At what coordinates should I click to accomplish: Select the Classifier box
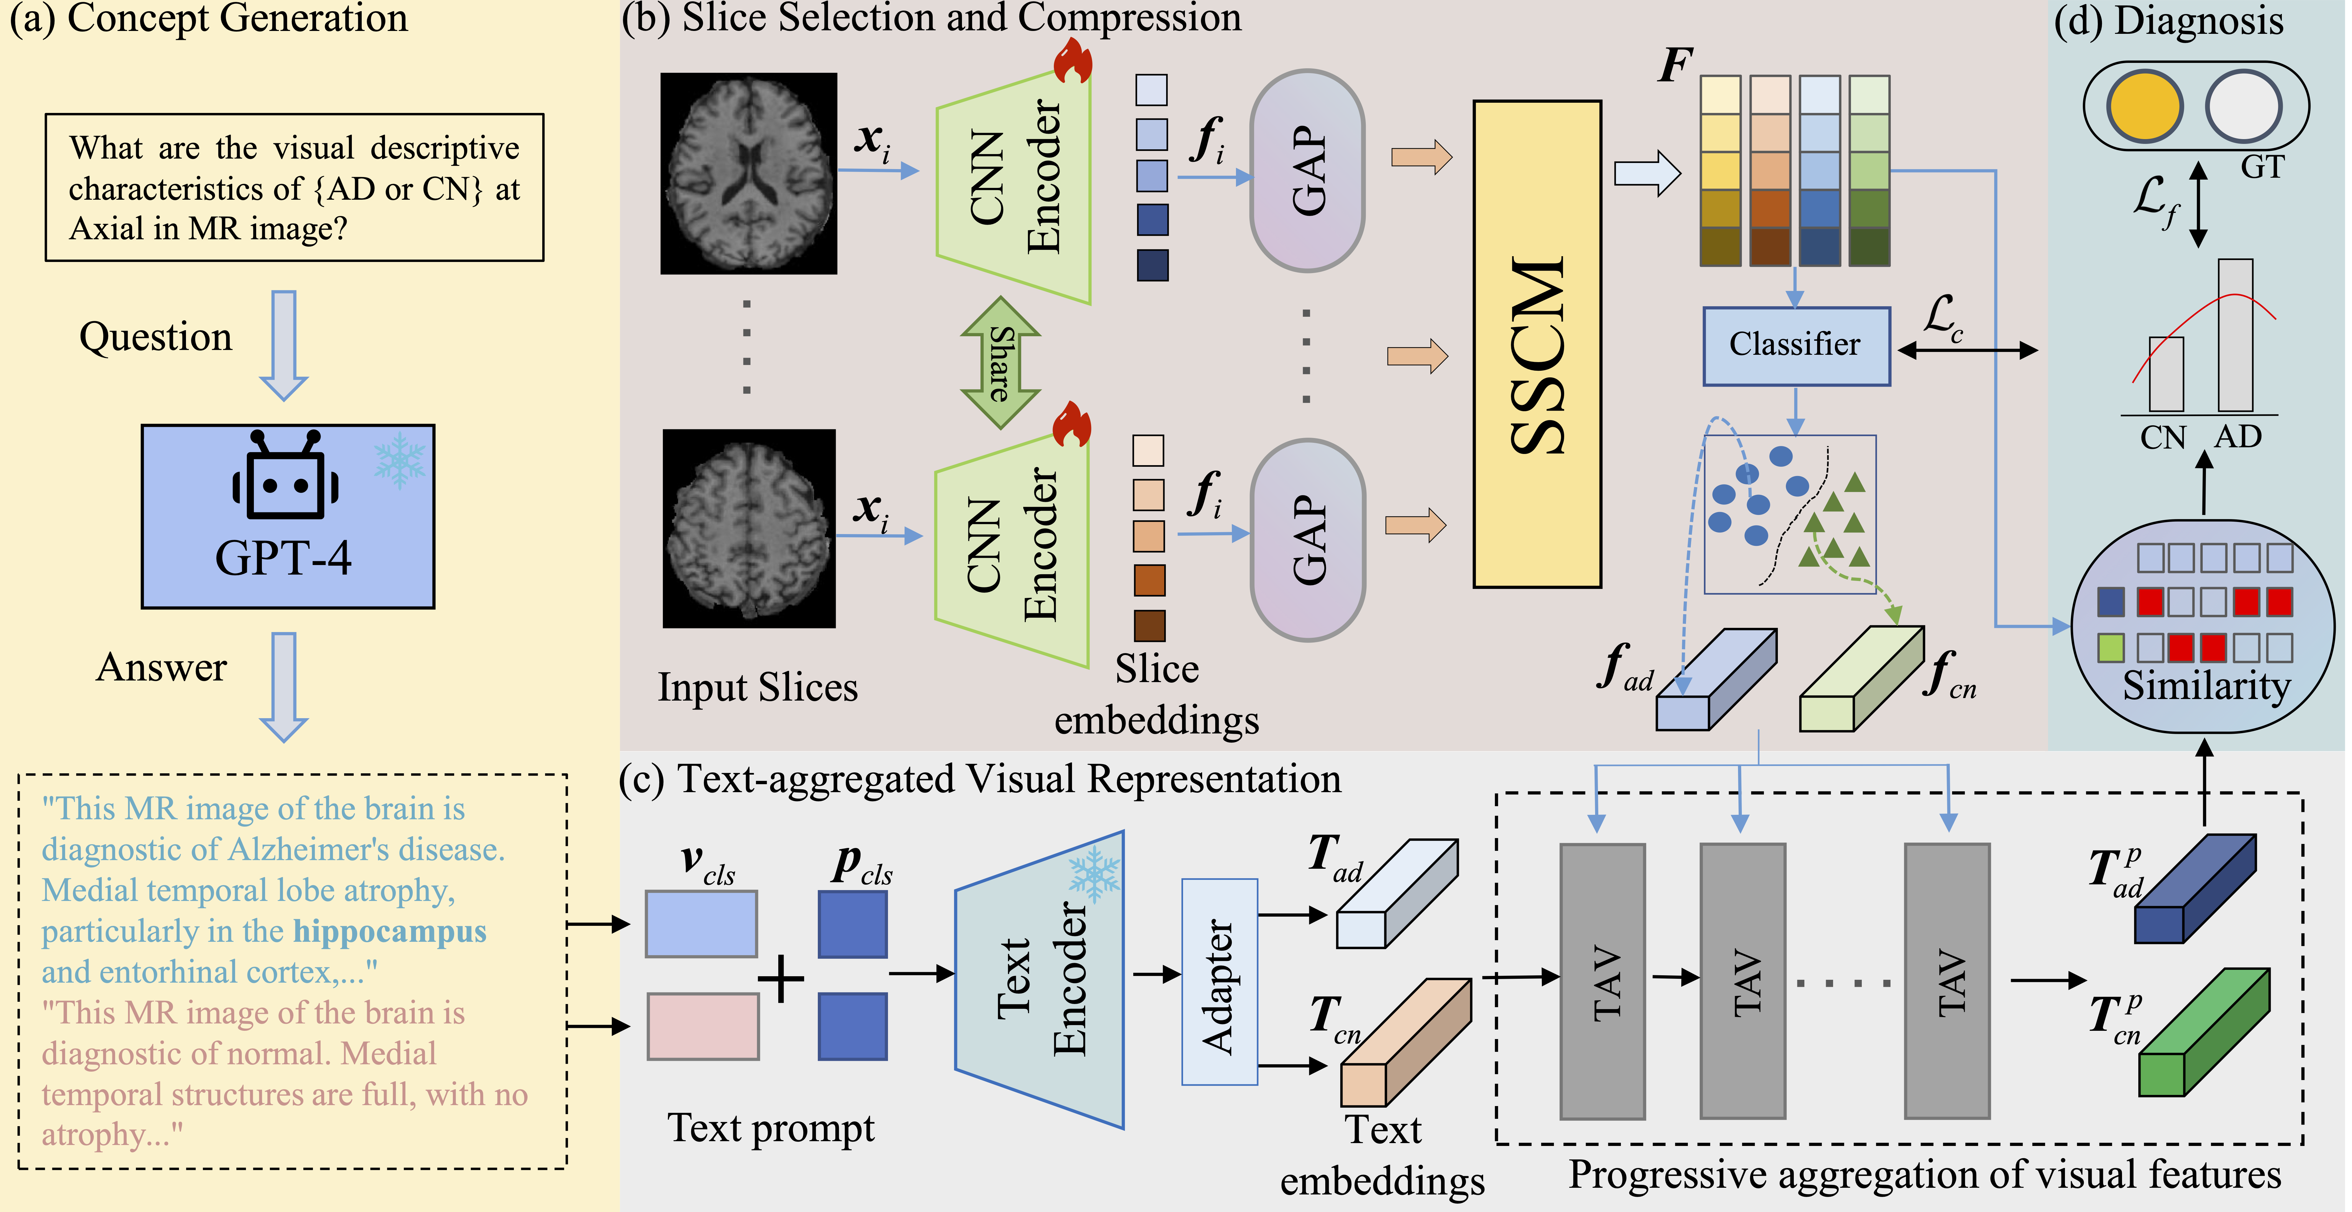(1795, 345)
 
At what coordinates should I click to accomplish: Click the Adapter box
(1219, 982)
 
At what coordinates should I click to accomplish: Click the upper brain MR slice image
(749, 174)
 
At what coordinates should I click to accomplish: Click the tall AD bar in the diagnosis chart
(2235, 335)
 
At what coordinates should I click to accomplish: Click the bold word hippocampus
(390, 932)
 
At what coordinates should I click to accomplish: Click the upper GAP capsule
(1307, 171)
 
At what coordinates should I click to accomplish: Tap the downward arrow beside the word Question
(284, 345)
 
